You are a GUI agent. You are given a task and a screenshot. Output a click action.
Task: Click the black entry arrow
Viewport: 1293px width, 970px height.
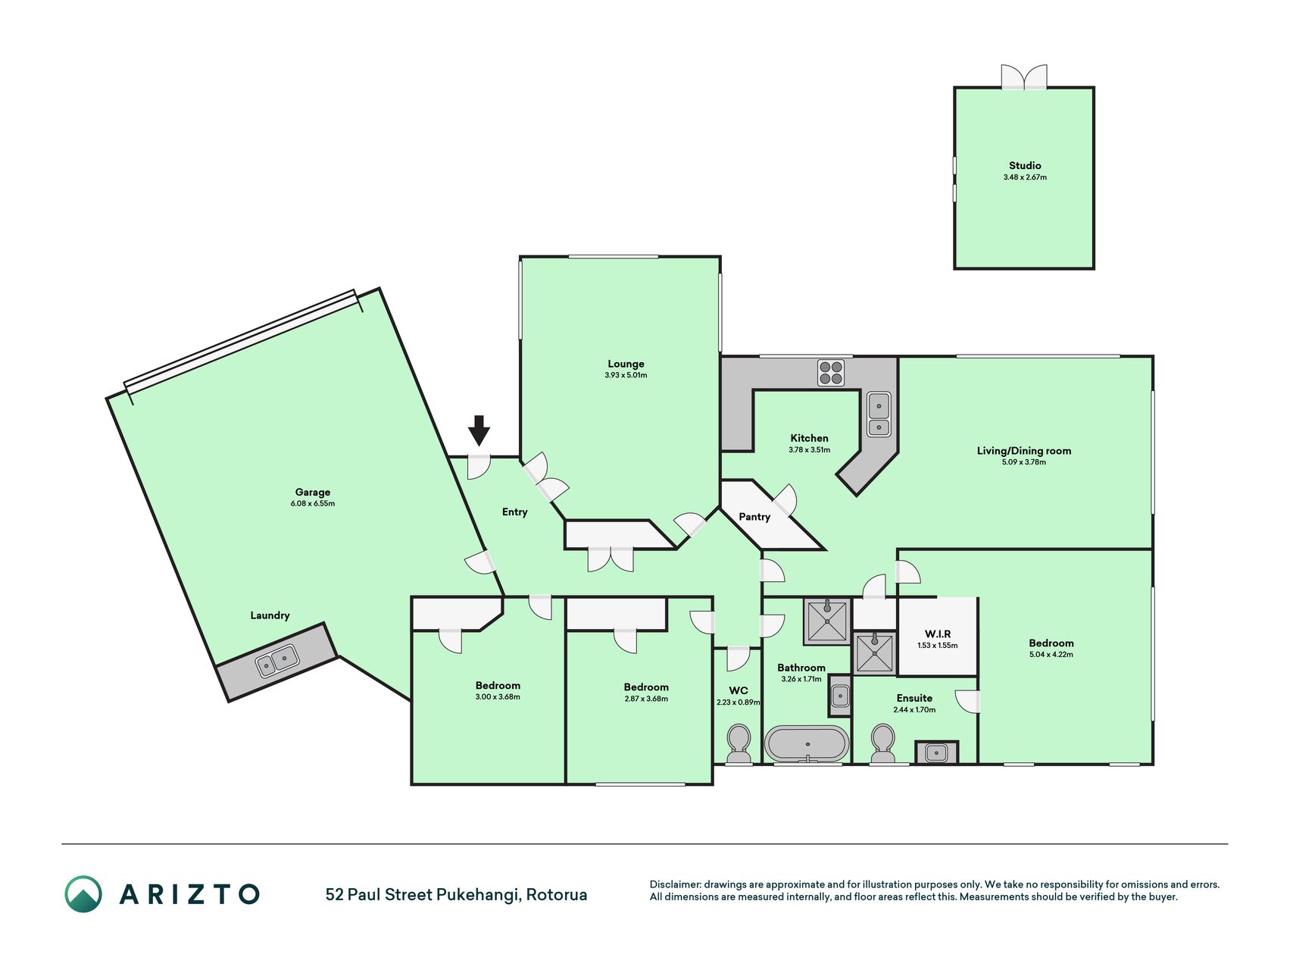click(x=479, y=430)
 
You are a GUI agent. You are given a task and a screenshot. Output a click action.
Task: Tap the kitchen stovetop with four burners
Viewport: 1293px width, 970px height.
click(x=831, y=373)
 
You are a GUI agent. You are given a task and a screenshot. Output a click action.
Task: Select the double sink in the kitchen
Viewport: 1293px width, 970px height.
click(x=879, y=415)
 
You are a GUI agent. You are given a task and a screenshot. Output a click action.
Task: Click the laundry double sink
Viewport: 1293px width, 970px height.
click(x=276, y=661)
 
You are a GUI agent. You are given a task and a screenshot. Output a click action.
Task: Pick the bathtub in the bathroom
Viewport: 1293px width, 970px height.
click(x=807, y=743)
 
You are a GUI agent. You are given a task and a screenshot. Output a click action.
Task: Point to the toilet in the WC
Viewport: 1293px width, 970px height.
click(x=739, y=743)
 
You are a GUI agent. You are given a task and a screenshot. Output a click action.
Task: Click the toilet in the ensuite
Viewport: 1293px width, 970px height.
click(x=883, y=743)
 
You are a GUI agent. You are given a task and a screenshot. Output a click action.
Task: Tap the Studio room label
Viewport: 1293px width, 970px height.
click(x=1025, y=165)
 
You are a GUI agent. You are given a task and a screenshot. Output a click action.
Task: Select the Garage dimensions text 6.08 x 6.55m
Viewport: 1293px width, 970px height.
click(x=313, y=503)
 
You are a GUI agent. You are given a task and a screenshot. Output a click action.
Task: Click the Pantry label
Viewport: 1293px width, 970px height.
click(x=754, y=517)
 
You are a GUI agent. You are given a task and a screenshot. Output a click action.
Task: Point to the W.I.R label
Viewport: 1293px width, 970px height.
click(x=938, y=634)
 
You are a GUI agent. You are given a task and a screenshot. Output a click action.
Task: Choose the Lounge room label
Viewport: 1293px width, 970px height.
click(x=626, y=364)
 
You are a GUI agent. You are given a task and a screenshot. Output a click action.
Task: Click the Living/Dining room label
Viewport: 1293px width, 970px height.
click(x=1024, y=451)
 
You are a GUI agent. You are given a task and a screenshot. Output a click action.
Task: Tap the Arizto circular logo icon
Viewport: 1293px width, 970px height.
click(x=83, y=894)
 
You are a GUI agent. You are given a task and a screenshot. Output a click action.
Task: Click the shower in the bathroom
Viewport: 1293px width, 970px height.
click(x=826, y=621)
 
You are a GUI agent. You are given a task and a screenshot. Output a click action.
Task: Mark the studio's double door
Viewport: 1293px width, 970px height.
click(x=1024, y=77)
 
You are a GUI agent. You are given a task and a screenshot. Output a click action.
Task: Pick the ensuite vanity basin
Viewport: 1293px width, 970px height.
click(x=936, y=753)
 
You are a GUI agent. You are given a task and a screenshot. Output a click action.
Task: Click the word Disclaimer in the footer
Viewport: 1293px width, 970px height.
click(x=676, y=884)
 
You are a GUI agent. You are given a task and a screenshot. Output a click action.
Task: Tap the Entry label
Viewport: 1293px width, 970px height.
click(x=515, y=512)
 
